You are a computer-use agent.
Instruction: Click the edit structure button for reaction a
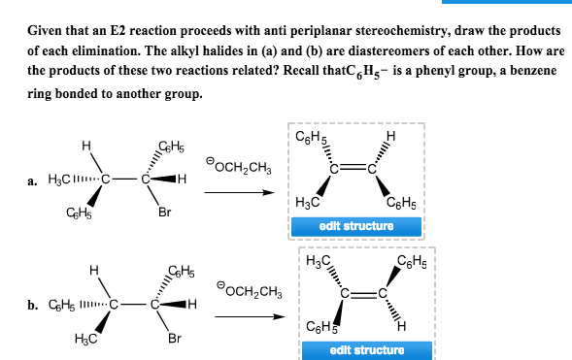click(356, 226)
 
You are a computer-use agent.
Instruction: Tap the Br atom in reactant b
click(174, 339)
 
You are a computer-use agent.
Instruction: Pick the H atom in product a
click(391, 135)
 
